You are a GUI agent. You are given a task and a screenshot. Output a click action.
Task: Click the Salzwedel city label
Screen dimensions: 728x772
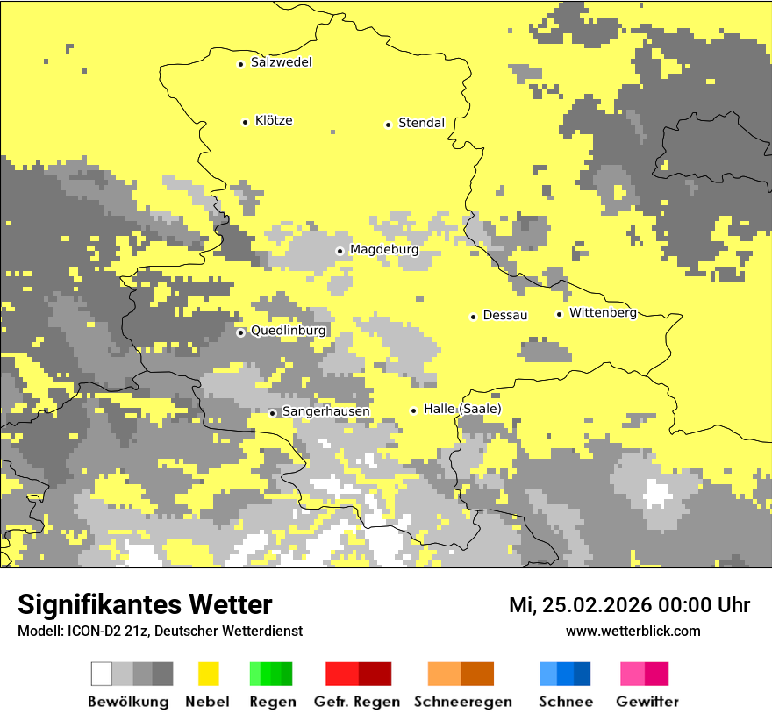[x=281, y=62]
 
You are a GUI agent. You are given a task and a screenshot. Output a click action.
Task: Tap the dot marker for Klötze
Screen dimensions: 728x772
[x=245, y=122]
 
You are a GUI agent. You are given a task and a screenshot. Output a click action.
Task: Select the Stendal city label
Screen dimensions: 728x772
[x=421, y=123]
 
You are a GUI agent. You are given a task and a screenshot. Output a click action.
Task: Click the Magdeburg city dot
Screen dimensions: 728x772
[x=340, y=251]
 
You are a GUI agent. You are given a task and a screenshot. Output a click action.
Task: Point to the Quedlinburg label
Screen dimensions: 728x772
[x=288, y=331]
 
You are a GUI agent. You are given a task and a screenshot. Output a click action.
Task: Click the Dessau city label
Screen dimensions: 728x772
[x=504, y=315]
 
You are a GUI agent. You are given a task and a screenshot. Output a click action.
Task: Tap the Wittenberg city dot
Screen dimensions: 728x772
[x=559, y=314]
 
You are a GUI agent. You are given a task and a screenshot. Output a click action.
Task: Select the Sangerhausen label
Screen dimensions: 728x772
[x=325, y=411]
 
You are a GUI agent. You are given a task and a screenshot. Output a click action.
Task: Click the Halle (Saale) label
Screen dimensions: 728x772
[x=462, y=409]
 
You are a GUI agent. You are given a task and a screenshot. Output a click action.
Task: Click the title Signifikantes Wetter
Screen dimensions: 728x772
[x=145, y=604]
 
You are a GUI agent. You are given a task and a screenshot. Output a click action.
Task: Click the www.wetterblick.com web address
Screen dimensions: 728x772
[x=633, y=631]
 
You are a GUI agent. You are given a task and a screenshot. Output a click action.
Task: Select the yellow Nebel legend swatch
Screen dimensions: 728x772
[x=208, y=674]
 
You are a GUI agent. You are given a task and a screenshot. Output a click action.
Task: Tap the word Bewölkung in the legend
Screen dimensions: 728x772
[x=128, y=702]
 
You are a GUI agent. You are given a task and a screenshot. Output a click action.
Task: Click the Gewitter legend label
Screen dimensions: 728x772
[x=647, y=702]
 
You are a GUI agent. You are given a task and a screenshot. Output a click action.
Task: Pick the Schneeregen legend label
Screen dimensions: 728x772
[x=462, y=702]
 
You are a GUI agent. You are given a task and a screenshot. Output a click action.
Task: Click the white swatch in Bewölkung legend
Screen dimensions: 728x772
[x=102, y=674]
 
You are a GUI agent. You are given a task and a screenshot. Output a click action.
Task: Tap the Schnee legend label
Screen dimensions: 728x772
[x=565, y=702]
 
